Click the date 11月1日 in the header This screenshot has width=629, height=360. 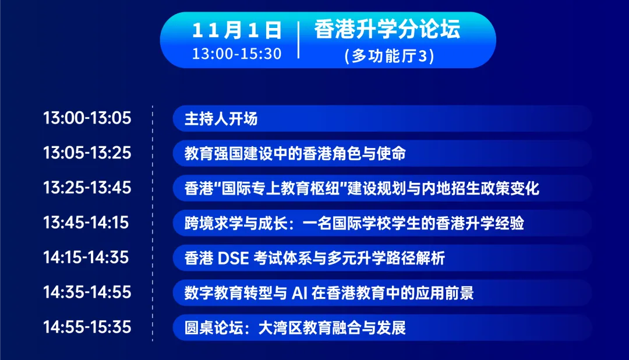tap(237, 31)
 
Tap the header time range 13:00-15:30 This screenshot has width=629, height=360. tap(236, 54)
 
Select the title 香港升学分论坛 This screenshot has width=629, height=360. tap(387, 29)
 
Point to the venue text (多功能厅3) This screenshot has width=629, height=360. tap(389, 56)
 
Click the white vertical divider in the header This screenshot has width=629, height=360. tap(299, 40)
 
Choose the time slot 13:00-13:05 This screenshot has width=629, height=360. tap(87, 118)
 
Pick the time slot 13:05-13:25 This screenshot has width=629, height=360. tap(87, 153)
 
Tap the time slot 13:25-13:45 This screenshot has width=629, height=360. tap(87, 188)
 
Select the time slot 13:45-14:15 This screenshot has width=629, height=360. tap(86, 223)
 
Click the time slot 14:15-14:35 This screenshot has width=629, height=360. tap(86, 257)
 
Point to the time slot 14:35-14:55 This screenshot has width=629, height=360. tap(87, 292)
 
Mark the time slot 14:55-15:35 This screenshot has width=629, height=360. tap(87, 327)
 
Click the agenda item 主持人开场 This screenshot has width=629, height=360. tap(221, 119)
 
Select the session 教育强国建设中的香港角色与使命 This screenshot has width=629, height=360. tap(295, 153)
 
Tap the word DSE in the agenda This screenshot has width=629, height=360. tap(233, 258)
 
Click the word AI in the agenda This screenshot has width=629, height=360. tap(299, 293)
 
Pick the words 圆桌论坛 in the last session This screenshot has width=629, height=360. tap(214, 328)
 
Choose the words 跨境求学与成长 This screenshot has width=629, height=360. tap(236, 223)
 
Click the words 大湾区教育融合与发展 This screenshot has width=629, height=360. tap(332, 328)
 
